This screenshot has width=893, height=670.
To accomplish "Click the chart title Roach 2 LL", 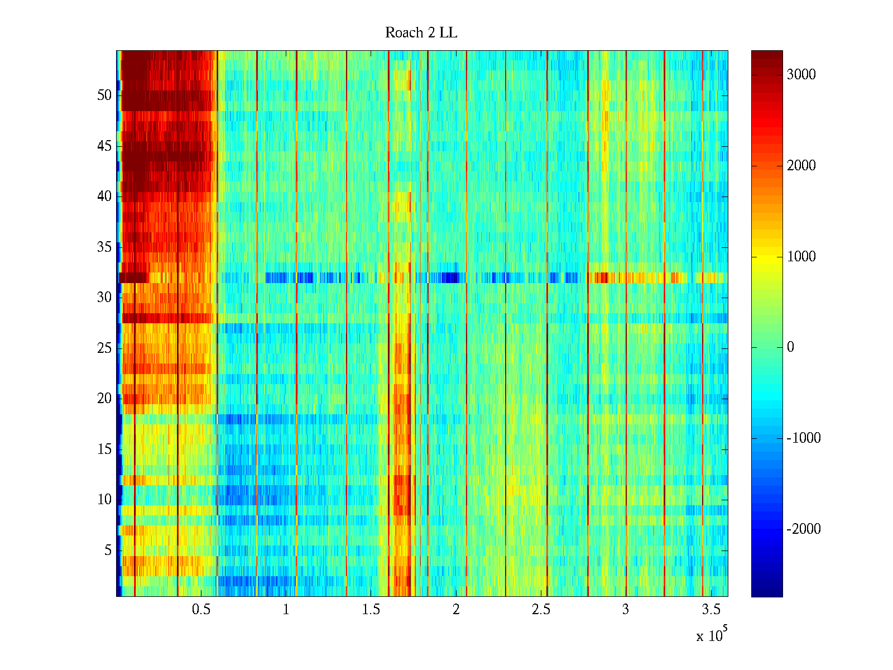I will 421,33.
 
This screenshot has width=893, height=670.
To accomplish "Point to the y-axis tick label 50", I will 104,95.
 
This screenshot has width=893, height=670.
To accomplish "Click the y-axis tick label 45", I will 104,146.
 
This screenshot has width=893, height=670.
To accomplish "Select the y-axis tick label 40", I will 104,197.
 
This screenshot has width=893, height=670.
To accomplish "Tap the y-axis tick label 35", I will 104,247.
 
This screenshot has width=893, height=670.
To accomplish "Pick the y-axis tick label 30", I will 104,298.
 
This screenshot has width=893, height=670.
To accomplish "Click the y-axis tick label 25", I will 104,348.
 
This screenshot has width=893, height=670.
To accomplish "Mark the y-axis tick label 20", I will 104,399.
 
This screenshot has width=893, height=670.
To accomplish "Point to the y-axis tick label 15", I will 104,449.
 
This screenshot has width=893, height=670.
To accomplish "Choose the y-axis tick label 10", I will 104,500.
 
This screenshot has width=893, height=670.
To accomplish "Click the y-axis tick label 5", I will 108,551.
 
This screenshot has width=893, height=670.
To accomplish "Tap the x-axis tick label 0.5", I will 201,610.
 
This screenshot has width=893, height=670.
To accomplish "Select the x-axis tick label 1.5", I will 371,610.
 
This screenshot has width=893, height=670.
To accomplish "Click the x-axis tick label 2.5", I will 541,610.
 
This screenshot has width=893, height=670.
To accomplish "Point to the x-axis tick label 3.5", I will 710,610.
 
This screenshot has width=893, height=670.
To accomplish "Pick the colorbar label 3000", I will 801,75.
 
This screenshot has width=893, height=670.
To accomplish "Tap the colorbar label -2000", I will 804,529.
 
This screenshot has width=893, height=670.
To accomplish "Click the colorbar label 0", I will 790,347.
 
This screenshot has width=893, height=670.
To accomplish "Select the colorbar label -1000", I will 804,438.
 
